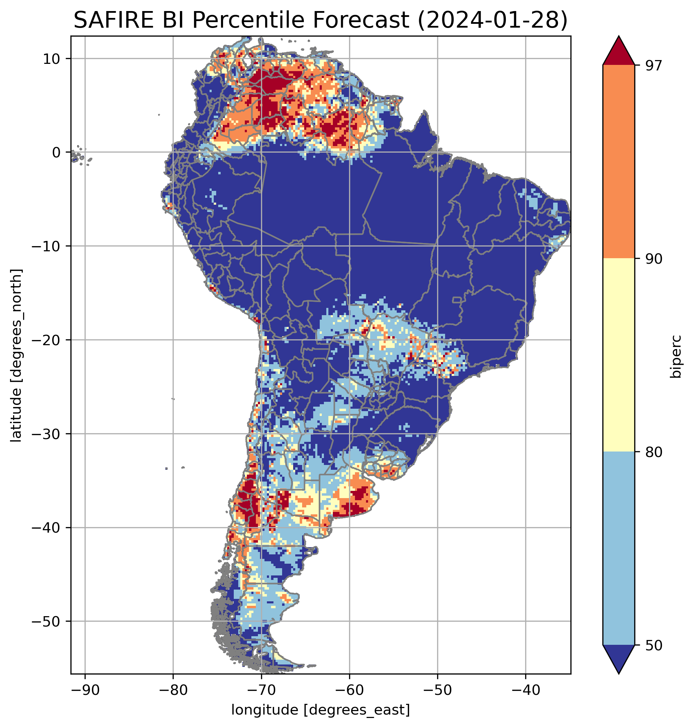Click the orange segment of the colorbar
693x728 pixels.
pyautogui.click(x=618, y=162)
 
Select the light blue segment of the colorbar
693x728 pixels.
pyautogui.click(x=618, y=549)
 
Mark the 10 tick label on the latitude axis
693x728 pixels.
pyautogui.click(x=52, y=59)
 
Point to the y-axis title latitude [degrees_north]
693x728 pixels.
pyautogui.click(x=16, y=355)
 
